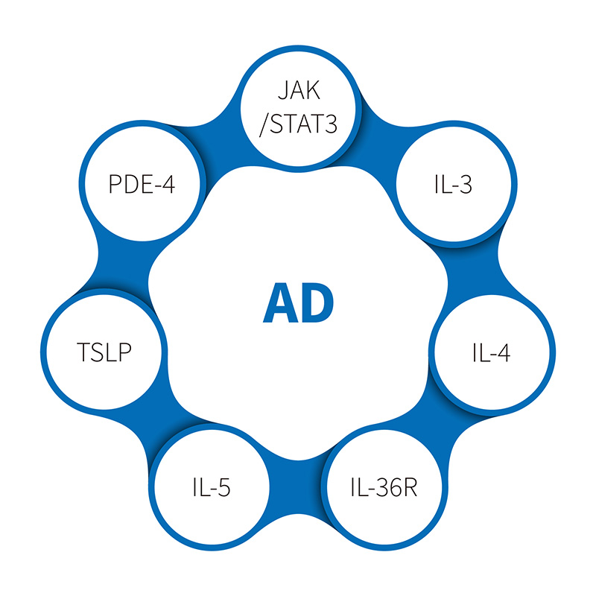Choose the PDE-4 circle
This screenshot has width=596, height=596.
coord(142,184)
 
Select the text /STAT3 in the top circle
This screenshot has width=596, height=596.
coord(298,122)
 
